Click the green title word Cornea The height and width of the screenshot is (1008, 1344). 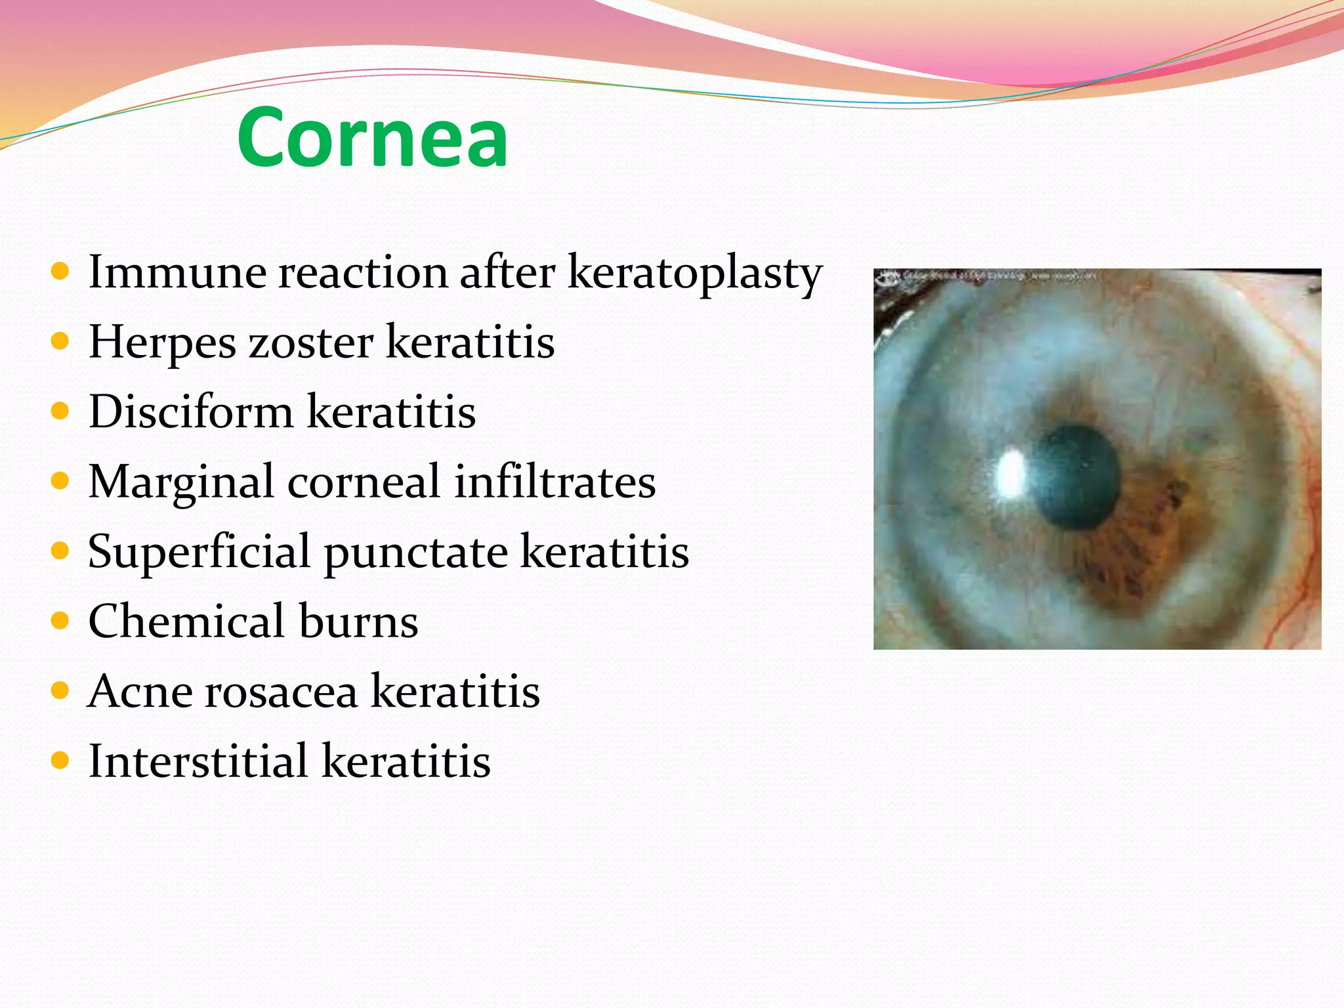372,138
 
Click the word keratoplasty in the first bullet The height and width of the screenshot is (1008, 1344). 694,272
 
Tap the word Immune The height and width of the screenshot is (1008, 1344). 177,272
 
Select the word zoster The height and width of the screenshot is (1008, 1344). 310,343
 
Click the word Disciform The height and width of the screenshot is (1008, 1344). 191,412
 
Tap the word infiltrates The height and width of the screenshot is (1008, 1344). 555,482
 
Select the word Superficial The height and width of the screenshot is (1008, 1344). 199,552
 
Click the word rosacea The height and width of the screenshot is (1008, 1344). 282,691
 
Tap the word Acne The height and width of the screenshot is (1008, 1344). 140,691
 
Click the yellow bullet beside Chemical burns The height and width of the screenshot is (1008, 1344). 60,621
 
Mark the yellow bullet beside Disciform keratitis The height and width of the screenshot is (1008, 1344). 60,411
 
